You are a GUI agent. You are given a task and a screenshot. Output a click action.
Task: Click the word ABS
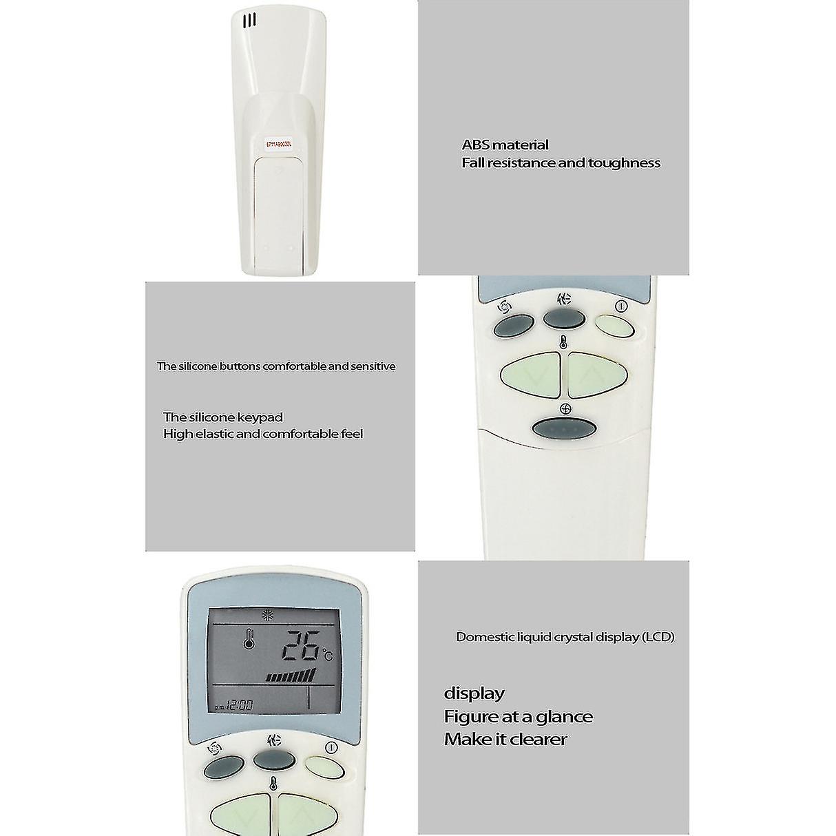(x=475, y=145)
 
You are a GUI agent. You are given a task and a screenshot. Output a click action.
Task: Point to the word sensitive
(x=373, y=366)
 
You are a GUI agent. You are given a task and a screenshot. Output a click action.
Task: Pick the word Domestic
(x=482, y=637)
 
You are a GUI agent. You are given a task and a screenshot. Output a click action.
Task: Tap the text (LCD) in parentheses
(x=658, y=637)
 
